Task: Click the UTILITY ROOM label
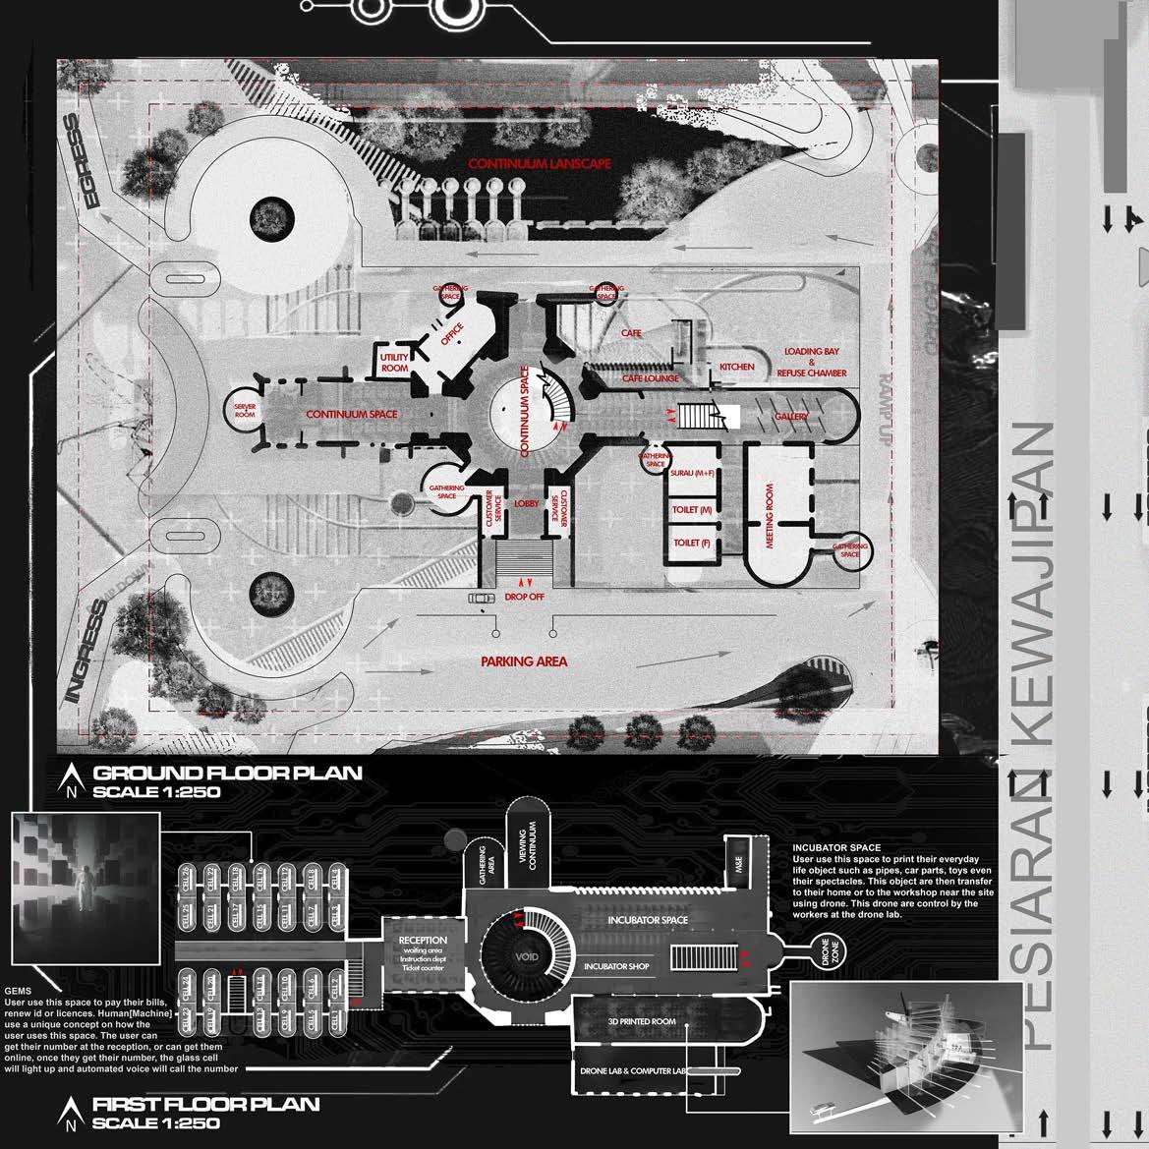[394, 362]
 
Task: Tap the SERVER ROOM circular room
[245, 412]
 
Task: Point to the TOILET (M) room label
[692, 510]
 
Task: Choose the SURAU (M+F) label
[692, 474]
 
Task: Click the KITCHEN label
[737, 367]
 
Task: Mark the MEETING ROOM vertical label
[770, 516]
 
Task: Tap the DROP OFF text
[524, 597]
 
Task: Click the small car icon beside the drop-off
[481, 598]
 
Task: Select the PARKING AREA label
[524, 661]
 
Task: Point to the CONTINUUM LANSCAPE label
[539, 164]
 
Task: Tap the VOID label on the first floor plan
[527, 955]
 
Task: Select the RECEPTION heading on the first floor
[423, 941]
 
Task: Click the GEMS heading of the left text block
[18, 991]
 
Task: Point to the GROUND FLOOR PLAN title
[227, 773]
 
